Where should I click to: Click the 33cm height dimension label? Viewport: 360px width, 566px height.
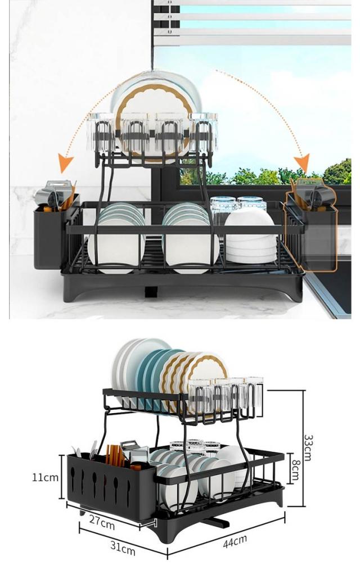308,447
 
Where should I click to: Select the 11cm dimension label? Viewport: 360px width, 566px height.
45,477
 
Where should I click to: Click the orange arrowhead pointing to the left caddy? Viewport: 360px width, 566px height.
66,165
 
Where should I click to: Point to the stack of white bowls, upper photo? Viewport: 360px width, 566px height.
250,236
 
